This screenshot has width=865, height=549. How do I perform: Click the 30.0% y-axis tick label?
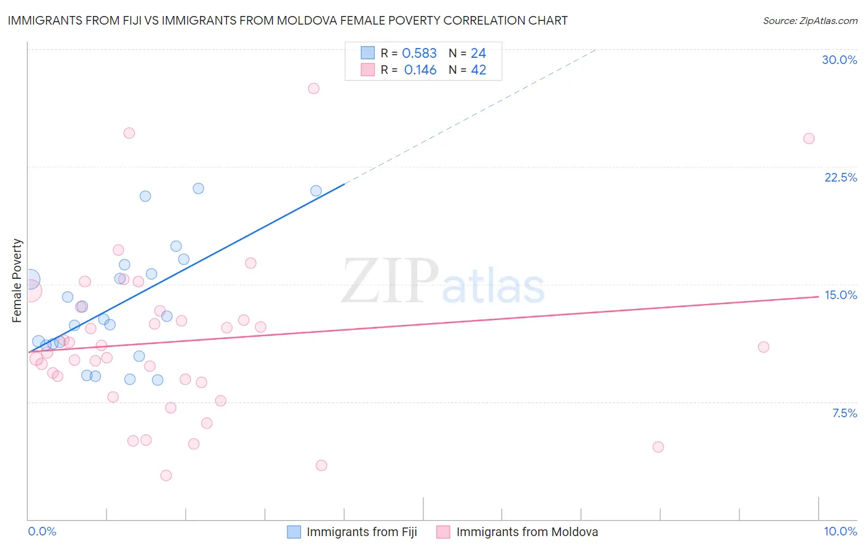(839, 60)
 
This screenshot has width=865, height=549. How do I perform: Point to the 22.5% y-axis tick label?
(840, 177)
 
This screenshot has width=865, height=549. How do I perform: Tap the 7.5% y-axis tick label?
(844, 413)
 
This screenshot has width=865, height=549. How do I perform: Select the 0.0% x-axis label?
(42, 531)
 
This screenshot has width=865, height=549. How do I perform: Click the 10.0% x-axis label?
(840, 531)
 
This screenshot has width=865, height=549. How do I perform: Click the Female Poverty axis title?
(17, 281)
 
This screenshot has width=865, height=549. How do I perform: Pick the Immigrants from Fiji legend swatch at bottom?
(294, 532)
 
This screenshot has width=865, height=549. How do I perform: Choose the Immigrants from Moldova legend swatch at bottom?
(444, 532)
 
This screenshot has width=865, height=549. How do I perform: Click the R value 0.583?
(419, 54)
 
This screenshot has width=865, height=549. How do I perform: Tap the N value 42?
(479, 70)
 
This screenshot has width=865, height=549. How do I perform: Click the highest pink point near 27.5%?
(314, 88)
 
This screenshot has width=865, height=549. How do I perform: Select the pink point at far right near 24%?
(809, 138)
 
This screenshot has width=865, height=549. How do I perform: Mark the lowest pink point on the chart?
(166, 475)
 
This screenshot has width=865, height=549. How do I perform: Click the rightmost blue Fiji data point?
(316, 191)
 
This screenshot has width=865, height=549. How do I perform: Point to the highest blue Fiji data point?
(198, 188)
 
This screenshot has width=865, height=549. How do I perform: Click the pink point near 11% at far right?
(763, 347)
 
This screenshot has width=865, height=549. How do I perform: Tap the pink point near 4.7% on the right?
(658, 447)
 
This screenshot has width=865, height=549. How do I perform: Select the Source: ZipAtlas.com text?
(810, 20)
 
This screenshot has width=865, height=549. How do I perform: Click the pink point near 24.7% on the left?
(129, 133)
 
